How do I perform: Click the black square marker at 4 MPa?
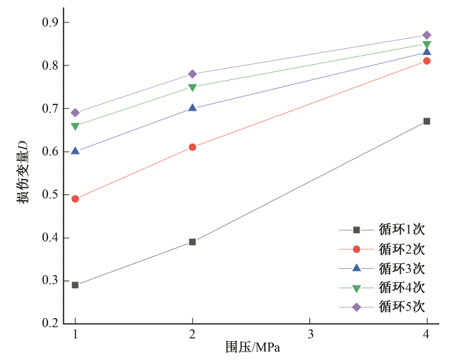[x=427, y=121]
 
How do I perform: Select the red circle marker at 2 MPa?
[x=192, y=147]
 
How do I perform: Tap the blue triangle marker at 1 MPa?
[x=75, y=150]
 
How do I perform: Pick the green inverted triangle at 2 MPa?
[x=192, y=88]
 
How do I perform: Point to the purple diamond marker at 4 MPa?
[x=427, y=35]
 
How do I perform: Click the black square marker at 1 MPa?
[x=75, y=285]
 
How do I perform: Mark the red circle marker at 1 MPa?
[x=75, y=198]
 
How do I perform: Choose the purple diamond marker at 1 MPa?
[x=75, y=113]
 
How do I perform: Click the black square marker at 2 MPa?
[x=192, y=242]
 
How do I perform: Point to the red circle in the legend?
[x=356, y=249]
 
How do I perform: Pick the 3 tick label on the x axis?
[x=309, y=335]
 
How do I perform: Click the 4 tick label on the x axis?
[x=427, y=335]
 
